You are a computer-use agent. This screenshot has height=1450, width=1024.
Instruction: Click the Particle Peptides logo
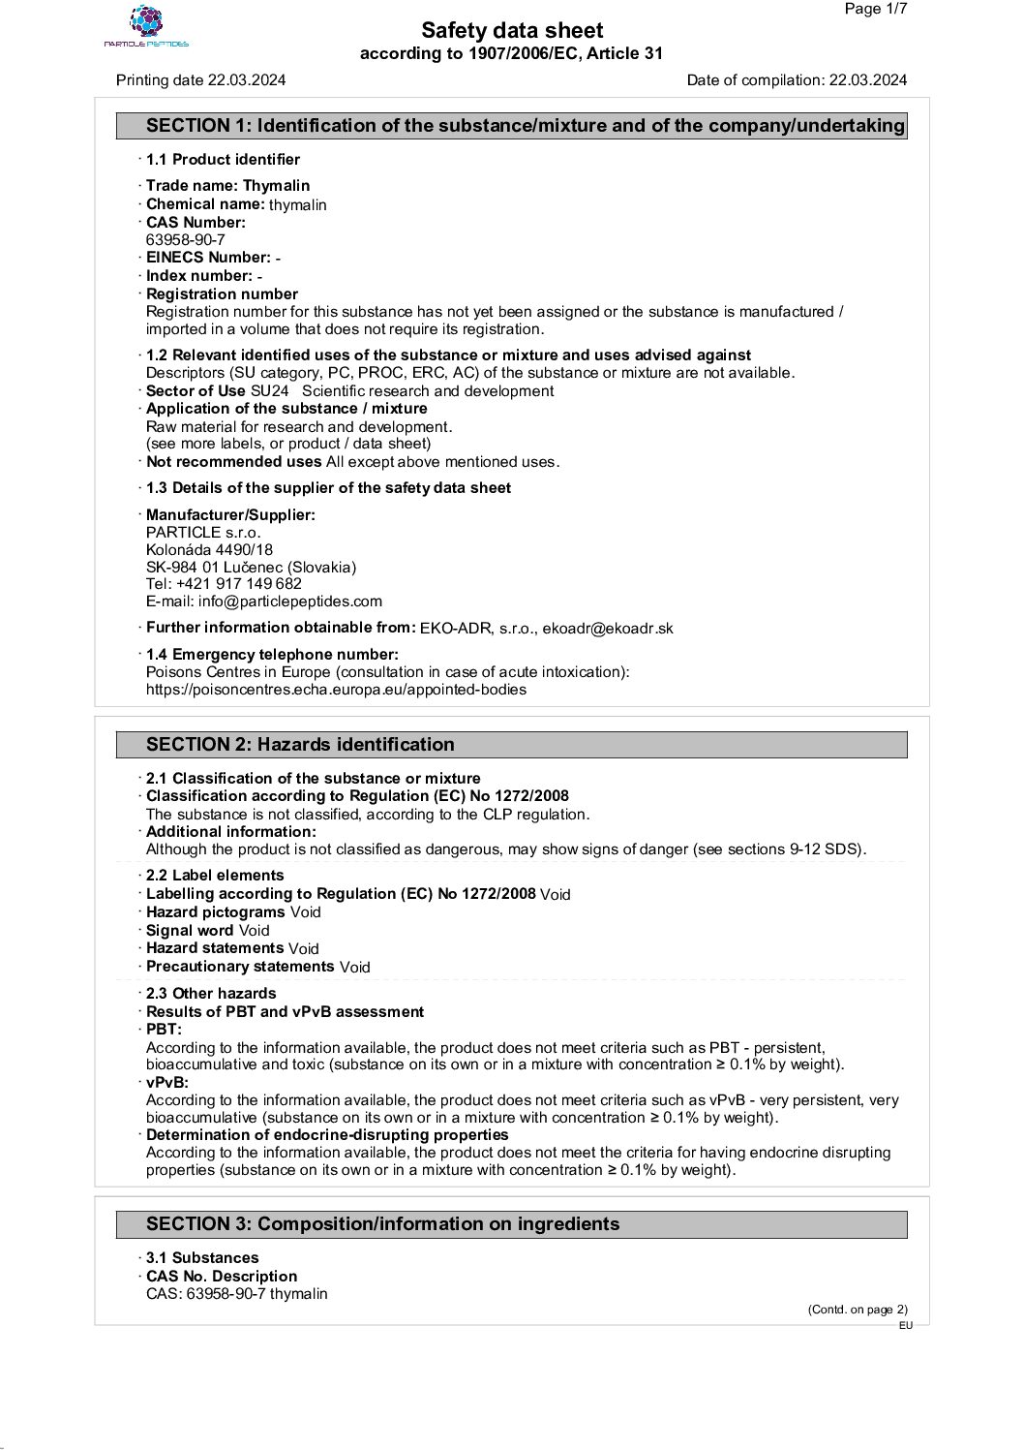(146, 26)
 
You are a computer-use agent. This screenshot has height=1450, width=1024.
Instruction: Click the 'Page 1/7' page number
(875, 9)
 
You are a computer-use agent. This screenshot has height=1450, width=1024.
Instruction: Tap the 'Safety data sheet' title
(512, 31)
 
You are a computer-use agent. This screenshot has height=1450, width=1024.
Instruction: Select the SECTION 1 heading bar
(512, 126)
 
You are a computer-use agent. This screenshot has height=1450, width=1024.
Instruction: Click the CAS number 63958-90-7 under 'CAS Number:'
(186, 240)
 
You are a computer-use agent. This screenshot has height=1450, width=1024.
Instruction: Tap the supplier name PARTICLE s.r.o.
(203, 533)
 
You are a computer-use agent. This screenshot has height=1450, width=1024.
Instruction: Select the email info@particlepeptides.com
(290, 602)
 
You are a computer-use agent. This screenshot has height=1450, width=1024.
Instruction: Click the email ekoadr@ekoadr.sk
(608, 629)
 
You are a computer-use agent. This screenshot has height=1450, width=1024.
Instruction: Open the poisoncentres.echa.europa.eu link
(336, 690)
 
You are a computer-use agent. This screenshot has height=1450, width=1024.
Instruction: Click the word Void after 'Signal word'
(255, 931)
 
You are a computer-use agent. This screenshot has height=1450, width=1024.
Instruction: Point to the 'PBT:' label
(164, 1030)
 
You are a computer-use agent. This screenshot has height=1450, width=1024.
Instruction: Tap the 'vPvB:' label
(167, 1083)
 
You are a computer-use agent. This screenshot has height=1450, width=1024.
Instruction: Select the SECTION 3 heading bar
(512, 1224)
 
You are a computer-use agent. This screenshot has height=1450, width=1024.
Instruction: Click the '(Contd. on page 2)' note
(858, 1310)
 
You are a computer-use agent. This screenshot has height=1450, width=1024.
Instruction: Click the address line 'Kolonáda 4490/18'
(209, 550)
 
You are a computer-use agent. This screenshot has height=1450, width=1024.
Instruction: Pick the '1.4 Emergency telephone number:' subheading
(272, 655)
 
